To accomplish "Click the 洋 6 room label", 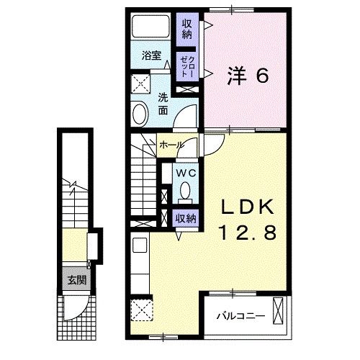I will (248, 75).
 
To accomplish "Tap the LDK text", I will (248, 207).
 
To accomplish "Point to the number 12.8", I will (248, 233).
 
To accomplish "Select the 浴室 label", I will (150, 54).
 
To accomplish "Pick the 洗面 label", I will (163, 104).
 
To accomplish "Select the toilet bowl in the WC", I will (185, 190).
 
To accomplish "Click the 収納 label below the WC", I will (186, 217).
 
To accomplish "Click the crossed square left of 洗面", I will (140, 81).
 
